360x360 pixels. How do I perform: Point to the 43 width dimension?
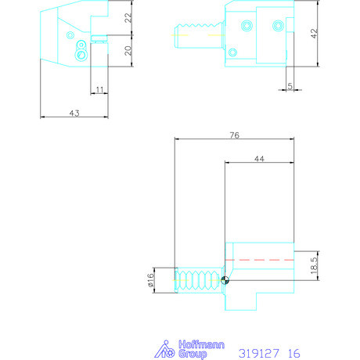pyautogui.click(x=74, y=113)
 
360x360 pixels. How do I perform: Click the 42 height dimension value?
pyautogui.click(x=314, y=34)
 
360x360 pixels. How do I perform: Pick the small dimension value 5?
pyautogui.click(x=289, y=86)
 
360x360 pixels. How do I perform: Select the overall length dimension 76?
pyautogui.click(x=234, y=135)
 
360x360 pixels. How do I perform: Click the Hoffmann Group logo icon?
pyautogui.click(x=166, y=347)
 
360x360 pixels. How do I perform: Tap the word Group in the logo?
pyautogui.click(x=191, y=354)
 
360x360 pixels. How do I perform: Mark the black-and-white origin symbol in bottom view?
pyautogui.click(x=225, y=280)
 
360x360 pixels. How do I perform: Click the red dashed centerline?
pyautogui.click(x=259, y=258)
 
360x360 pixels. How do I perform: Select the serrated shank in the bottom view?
pyautogui.click(x=198, y=279)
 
